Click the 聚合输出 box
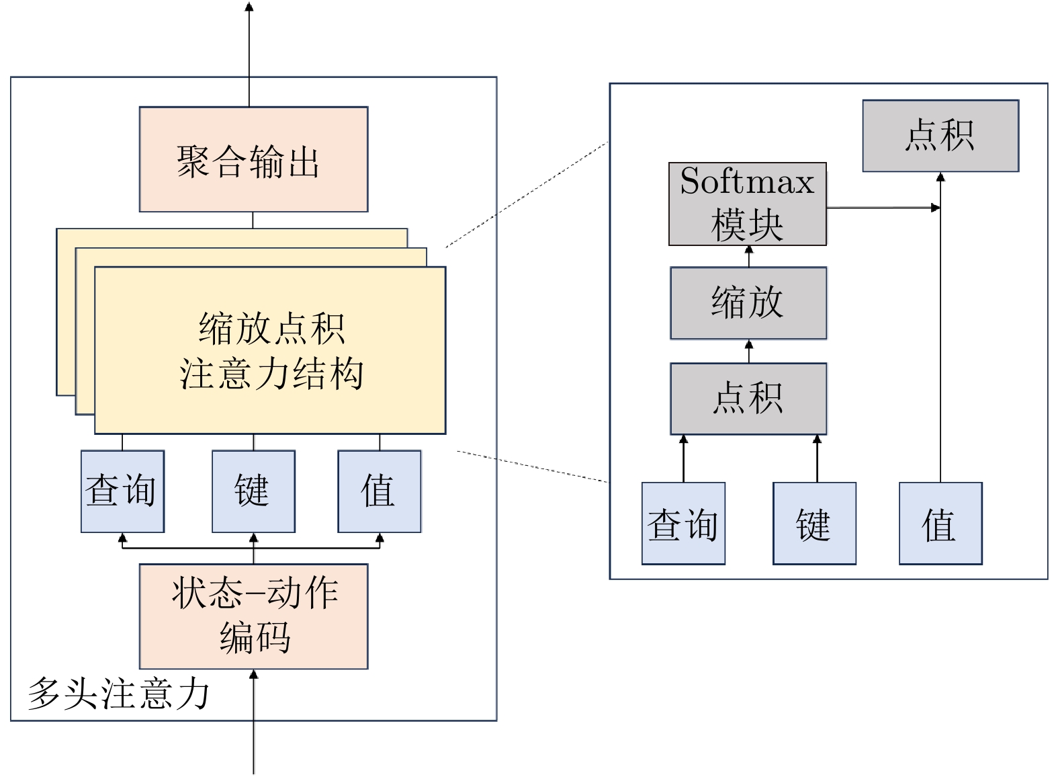pos(253,159)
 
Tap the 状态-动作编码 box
pos(253,616)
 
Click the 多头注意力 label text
pos(118,694)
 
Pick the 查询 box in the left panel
pos(122,491)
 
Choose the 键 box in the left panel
pos(253,491)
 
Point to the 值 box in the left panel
pos(380,491)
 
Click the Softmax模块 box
pos(747,204)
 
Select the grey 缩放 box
pos(748,302)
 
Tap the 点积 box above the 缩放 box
pos(940,136)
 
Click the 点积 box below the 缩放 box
pos(748,399)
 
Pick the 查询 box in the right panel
pos(683,524)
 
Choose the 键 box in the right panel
pos(814,524)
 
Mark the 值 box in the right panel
pos(940,524)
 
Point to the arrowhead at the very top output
pos(249,7)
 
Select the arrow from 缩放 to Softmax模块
pos(749,256)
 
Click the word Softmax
pos(747,181)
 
